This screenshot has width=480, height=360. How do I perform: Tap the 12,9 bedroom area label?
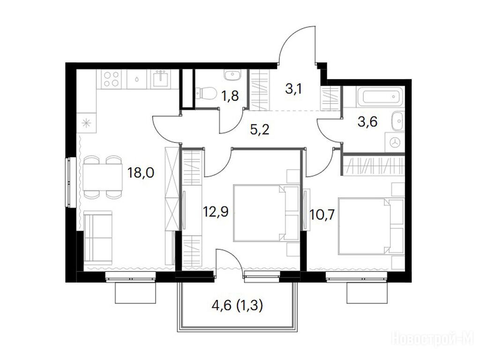pos(216,211)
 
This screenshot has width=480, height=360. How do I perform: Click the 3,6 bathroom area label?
pos(367,121)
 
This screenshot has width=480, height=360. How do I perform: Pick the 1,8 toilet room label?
pos(230,96)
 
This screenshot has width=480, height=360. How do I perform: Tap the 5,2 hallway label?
pos(260,130)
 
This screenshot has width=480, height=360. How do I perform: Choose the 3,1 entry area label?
pos(294,89)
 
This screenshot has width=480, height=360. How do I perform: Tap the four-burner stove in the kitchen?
pos(112,79)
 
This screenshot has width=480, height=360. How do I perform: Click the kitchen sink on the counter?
pos(160,79)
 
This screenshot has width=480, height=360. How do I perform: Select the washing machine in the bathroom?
pos(395,142)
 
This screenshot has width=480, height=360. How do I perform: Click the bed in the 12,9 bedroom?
pos(266,213)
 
